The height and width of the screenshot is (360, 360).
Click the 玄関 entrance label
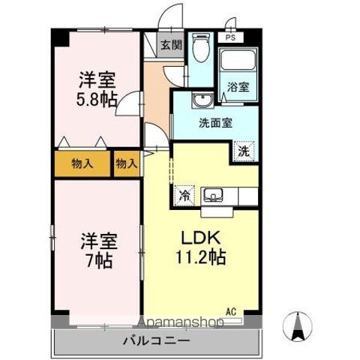coord(172,45)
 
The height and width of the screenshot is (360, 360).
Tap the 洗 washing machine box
coord(245,150)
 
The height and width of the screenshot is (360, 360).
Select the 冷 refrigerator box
coord(184,196)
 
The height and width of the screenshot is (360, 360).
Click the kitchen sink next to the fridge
coord(214,196)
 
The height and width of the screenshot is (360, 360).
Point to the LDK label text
coord(198,237)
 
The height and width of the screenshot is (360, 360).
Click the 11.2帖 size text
coord(199,256)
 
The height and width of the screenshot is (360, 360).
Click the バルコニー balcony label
coord(156,342)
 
